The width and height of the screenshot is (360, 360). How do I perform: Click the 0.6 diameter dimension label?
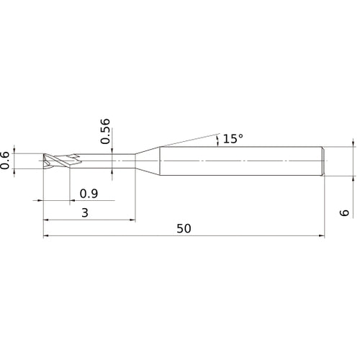click(x=6, y=160)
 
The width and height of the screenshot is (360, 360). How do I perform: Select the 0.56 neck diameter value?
click(x=106, y=131)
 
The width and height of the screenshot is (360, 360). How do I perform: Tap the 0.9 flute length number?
click(x=89, y=193)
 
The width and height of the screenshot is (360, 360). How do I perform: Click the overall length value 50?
click(x=183, y=229)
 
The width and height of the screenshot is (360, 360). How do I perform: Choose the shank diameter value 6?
click(x=345, y=212)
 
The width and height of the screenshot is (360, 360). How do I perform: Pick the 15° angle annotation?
click(x=233, y=138)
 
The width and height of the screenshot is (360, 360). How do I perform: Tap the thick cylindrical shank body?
click(x=238, y=160)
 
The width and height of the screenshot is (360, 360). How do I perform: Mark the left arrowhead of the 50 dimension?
click(x=46, y=235)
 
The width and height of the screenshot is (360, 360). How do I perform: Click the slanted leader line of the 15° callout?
click(x=187, y=140)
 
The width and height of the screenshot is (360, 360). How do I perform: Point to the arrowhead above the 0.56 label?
click(x=113, y=148)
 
